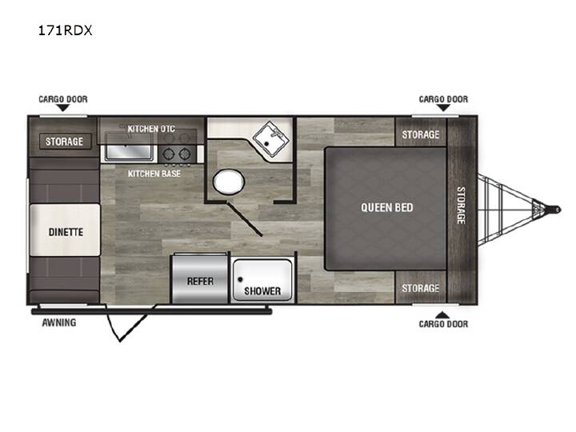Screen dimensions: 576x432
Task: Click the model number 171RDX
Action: point(65,30)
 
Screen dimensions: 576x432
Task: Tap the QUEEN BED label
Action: point(387,207)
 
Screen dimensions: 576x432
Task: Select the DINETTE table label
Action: point(66,232)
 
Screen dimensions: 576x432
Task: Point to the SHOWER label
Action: point(262,291)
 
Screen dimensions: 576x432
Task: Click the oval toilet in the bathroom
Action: point(229,182)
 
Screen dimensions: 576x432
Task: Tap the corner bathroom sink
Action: point(270,139)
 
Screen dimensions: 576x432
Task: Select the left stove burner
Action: point(169,154)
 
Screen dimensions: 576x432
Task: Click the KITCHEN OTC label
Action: point(151,129)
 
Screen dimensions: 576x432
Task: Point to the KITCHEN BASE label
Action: point(154,174)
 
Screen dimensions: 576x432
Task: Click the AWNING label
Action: point(59,322)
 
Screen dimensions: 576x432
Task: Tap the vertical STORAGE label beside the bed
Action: point(461,206)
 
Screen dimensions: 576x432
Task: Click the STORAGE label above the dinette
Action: point(64,142)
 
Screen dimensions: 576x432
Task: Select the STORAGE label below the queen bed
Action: point(421,288)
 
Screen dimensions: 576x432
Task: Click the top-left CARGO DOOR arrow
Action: point(62,108)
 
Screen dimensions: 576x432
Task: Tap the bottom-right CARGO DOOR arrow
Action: point(442,315)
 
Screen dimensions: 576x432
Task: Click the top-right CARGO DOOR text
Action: point(443,99)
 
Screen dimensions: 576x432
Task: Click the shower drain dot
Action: point(240,279)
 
